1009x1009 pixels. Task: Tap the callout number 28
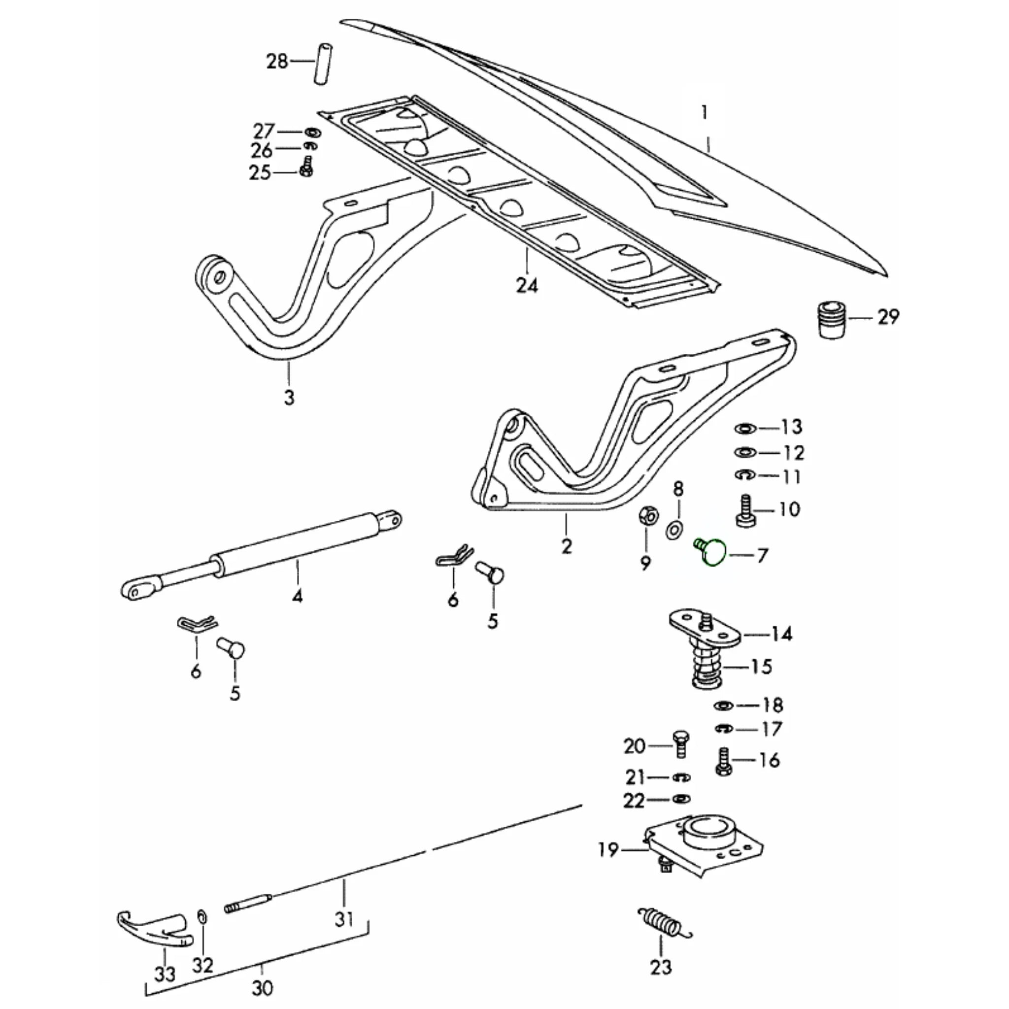(277, 62)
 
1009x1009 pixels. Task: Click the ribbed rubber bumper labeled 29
(830, 319)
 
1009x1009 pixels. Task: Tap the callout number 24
(527, 286)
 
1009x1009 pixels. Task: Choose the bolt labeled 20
(680, 743)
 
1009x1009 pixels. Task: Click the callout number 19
(608, 850)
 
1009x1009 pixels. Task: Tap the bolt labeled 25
(306, 167)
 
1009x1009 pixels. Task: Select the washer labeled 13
(745, 428)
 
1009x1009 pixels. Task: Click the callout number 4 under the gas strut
(297, 595)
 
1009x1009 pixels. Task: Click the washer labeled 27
(312, 131)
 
